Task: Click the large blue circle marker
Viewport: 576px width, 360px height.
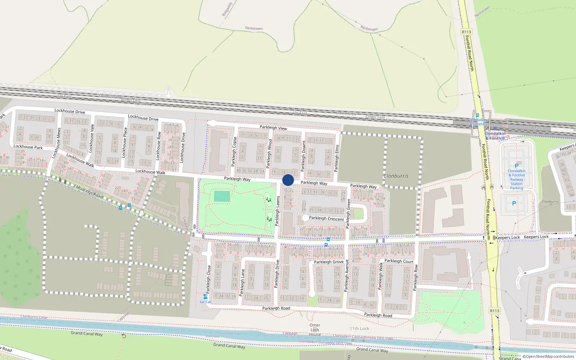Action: [x=288, y=180]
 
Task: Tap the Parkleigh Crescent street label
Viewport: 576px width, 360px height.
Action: [x=326, y=219]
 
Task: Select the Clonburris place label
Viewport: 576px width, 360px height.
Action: [x=396, y=176]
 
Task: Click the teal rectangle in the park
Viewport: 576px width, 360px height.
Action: [x=222, y=196]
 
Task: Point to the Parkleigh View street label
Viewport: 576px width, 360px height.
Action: [x=273, y=128]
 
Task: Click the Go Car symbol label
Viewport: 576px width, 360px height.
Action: [x=205, y=302]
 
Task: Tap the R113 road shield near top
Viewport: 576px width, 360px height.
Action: [x=466, y=32]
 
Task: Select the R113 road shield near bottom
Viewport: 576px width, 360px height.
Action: [x=494, y=311]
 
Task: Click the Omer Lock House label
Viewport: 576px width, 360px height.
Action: [x=315, y=330]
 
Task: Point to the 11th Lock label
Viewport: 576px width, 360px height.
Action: [x=359, y=329]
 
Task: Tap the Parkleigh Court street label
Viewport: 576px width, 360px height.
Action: [x=399, y=261]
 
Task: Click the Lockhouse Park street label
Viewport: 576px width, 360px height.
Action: [x=28, y=147]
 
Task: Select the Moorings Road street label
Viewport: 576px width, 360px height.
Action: [x=89, y=192]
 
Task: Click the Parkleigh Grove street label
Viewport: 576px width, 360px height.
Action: [x=329, y=262]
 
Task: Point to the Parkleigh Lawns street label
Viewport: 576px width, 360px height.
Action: [x=278, y=211]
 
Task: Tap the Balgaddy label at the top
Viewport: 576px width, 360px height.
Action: [x=227, y=9]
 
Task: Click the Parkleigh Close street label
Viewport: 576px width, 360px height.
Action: [x=208, y=279]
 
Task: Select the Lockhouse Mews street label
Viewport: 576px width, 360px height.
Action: [x=57, y=143]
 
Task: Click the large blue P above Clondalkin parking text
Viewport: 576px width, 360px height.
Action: [x=517, y=166]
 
